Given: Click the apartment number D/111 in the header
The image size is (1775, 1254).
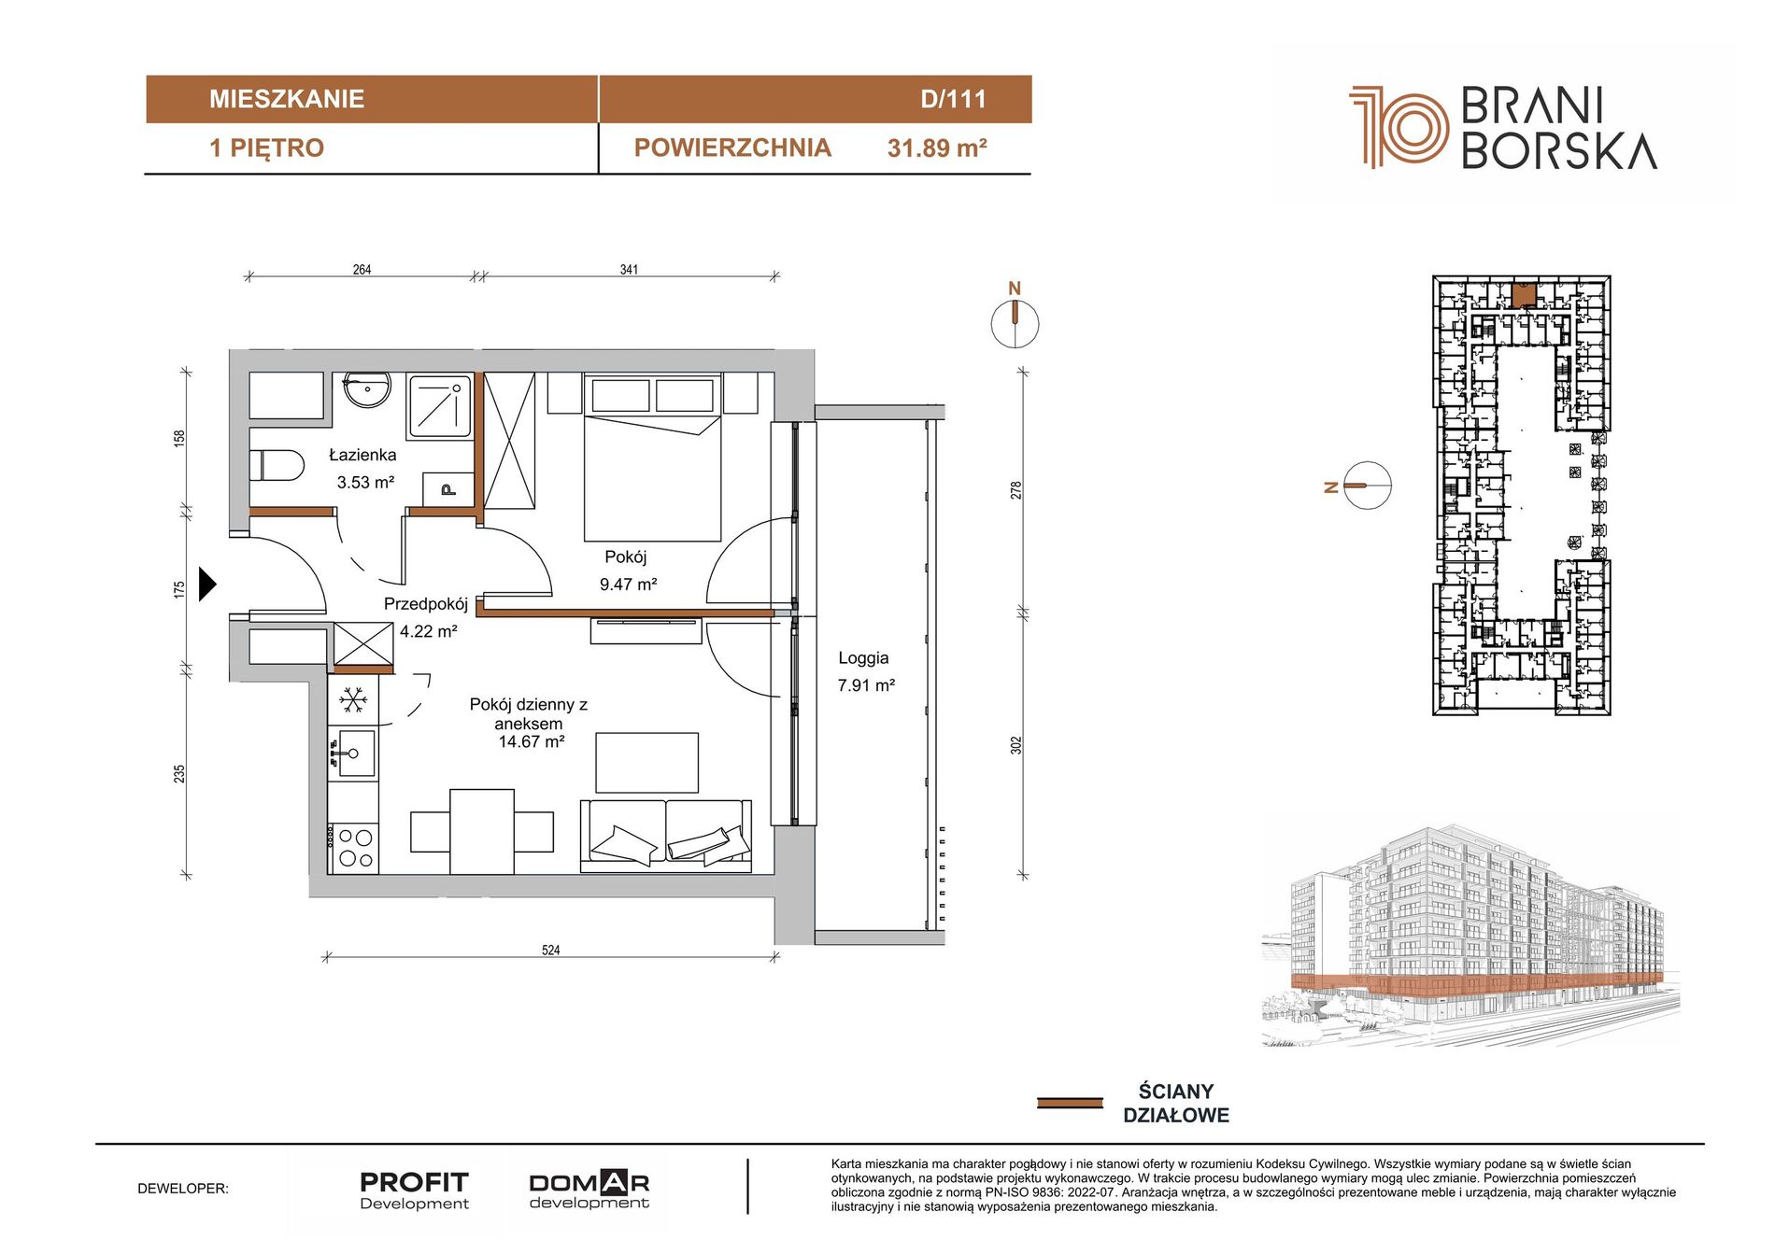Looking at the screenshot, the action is (x=953, y=99).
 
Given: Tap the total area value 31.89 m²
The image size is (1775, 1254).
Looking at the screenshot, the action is (x=937, y=148).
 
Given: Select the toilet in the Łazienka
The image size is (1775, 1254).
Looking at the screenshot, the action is (x=277, y=466).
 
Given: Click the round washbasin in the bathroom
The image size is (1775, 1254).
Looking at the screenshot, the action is (x=366, y=389).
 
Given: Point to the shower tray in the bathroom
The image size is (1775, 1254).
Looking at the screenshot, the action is (x=440, y=406).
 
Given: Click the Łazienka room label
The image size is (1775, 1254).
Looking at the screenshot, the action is (x=362, y=455).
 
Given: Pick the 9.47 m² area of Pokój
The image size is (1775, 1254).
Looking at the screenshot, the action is (x=628, y=585).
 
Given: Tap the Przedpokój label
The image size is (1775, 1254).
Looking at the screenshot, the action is (x=426, y=604).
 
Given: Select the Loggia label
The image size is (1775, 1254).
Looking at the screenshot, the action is (x=863, y=657).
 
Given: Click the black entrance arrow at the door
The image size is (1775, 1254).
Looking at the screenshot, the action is (x=207, y=585).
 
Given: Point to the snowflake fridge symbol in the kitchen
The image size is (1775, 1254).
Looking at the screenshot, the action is (x=352, y=699).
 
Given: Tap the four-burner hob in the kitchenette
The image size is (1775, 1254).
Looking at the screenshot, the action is (x=355, y=848).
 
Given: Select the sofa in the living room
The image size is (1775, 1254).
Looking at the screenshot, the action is (x=666, y=836).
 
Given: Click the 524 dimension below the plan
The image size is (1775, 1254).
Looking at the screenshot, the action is (x=551, y=950).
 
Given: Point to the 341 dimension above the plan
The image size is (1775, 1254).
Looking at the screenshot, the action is (x=629, y=269).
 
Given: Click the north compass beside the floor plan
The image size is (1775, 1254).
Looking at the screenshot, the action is (x=1015, y=322).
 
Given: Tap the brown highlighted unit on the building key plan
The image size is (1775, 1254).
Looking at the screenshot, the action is (x=1524, y=296).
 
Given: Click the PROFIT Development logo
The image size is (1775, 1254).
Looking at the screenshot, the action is (x=415, y=1190).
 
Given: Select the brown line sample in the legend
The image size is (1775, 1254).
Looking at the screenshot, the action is (x=1070, y=1103).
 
